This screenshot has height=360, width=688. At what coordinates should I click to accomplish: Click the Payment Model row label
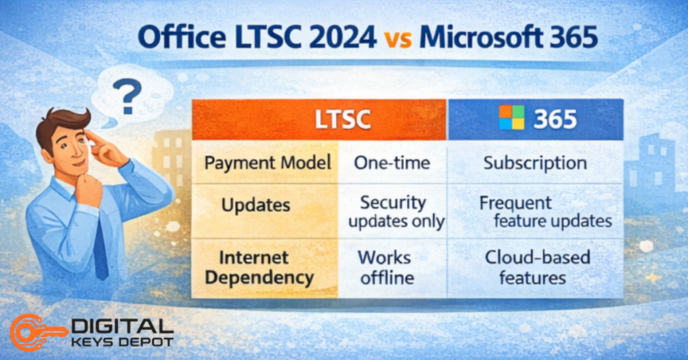coord(267,163)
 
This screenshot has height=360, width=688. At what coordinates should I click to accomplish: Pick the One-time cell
coord(392,163)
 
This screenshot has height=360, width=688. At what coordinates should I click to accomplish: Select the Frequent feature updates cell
coord(537,212)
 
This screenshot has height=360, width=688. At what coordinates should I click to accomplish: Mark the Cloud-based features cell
coord(535,267)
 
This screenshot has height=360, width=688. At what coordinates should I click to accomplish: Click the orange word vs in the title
coord(397,38)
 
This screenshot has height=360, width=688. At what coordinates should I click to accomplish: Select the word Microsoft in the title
coord(486,37)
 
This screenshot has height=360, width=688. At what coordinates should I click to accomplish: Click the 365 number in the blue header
coord(554,119)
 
